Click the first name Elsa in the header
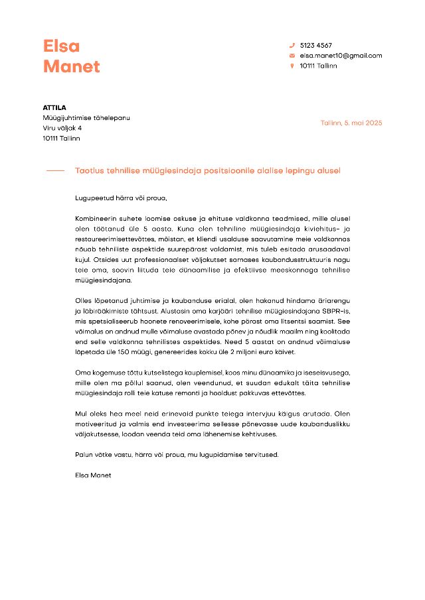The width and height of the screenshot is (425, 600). pos(61,46)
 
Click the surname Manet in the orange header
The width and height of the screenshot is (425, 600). pos(72,66)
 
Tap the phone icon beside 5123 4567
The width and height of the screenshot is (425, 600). pos(292,45)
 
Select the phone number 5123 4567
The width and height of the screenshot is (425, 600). pos(316,45)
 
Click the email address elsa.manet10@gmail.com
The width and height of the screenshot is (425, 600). pos(341,56)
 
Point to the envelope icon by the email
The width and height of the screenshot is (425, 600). pos(292,56)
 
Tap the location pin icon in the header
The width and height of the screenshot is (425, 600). pos(292,66)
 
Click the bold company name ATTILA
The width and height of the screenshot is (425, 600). pos(54,107)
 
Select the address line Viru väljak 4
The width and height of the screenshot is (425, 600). pos(62,128)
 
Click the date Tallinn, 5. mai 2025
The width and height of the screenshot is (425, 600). pos(351,123)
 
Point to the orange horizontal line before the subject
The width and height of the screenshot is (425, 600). pos(55,171)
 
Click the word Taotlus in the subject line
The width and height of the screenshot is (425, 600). pos(88,171)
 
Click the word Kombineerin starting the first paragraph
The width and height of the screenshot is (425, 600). pos(97,218)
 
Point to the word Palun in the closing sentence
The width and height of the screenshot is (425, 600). pos(85,454)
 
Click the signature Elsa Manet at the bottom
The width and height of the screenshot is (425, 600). pos(94,475)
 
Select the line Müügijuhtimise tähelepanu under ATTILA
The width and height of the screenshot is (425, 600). pos(86,117)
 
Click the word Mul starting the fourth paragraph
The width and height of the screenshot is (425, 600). pos(81,413)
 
